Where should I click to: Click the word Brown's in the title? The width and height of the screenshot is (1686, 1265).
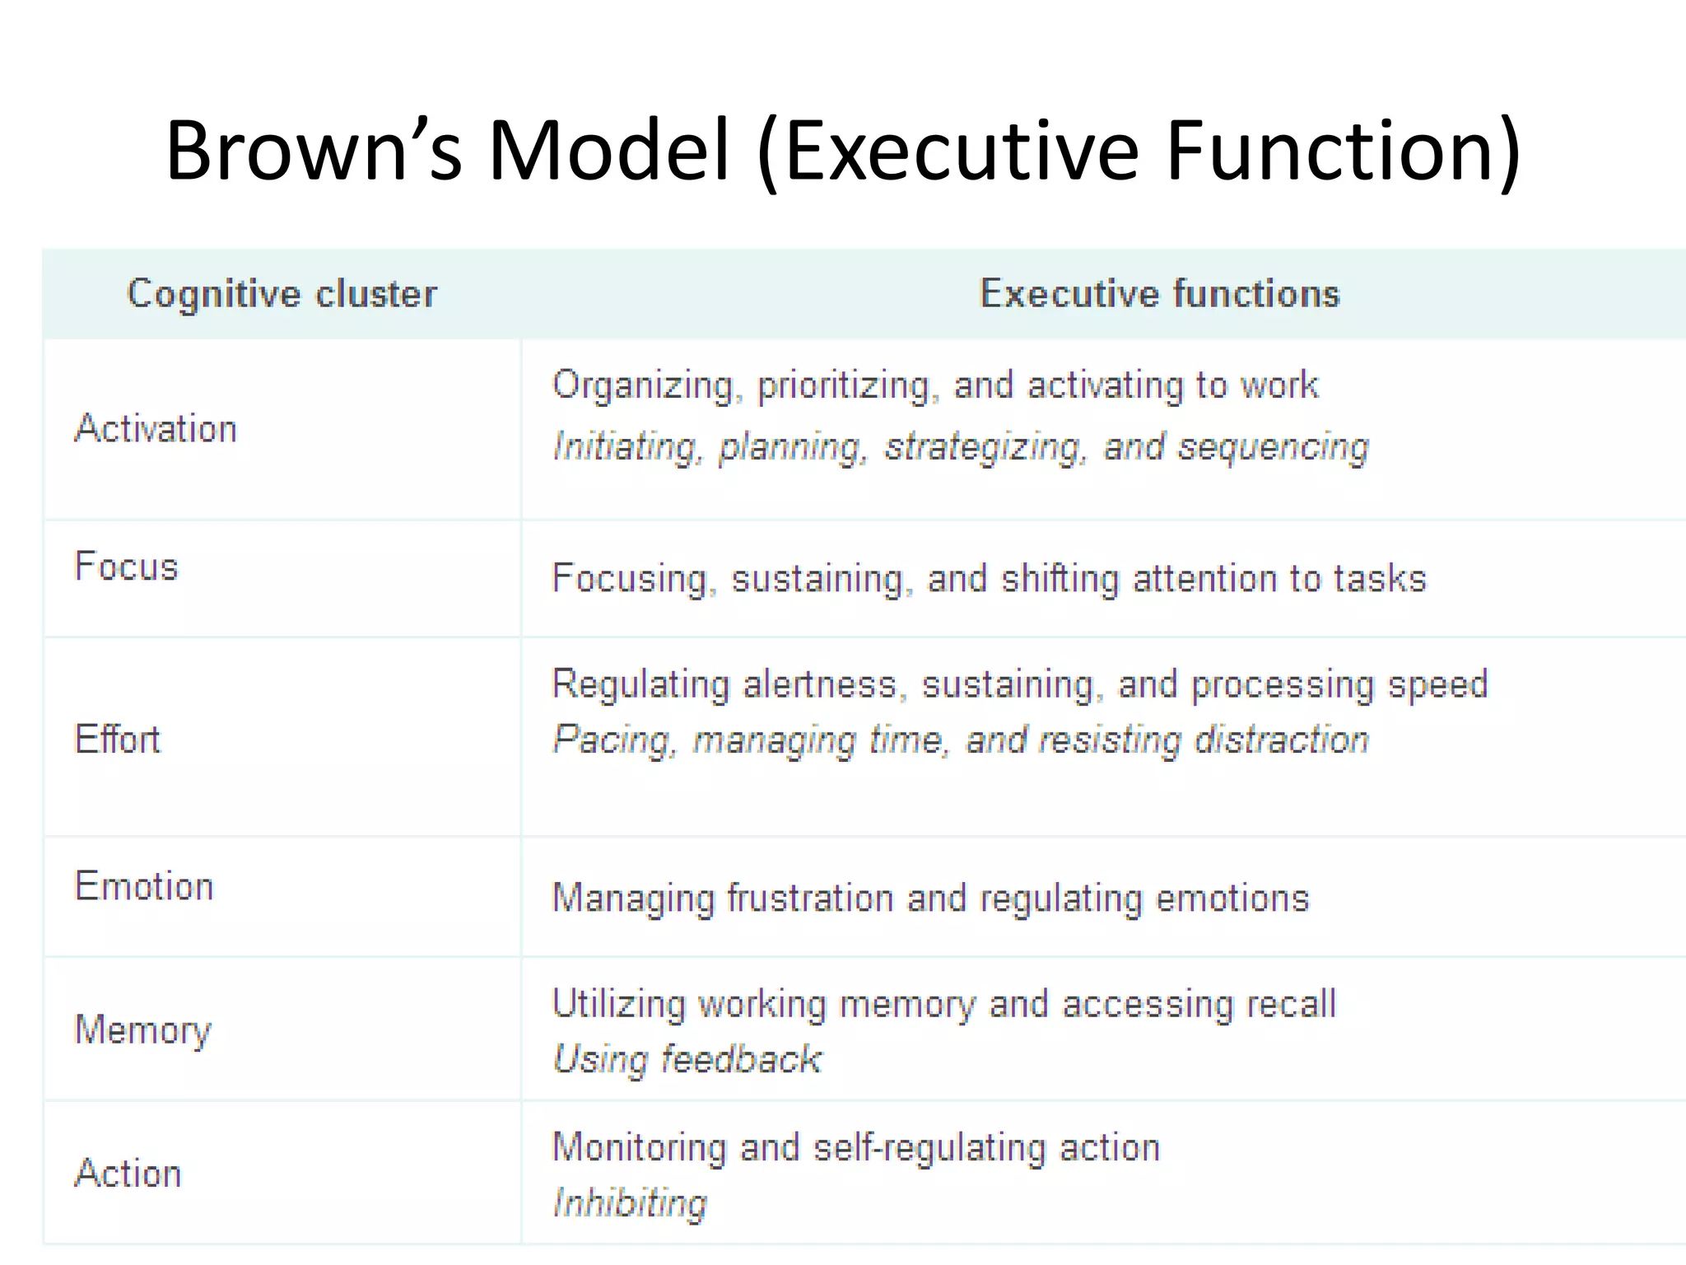pyautogui.click(x=313, y=151)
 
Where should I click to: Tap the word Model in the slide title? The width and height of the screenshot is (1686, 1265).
pyautogui.click(x=609, y=151)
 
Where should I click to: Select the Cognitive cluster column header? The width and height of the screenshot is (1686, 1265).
pyautogui.click(x=282, y=294)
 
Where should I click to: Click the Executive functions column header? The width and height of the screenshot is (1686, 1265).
pyautogui.click(x=1159, y=294)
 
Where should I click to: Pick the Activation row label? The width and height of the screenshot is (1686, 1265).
pyautogui.click(x=156, y=429)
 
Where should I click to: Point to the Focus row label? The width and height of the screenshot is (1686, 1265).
pyautogui.click(x=126, y=567)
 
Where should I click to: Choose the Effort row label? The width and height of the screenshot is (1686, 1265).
pyautogui.click(x=118, y=739)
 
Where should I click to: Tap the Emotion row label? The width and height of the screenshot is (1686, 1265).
pyautogui.click(x=144, y=887)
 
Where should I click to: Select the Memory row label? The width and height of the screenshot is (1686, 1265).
pyautogui.click(x=143, y=1030)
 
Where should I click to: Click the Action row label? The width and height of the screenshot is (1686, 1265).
pyautogui.click(x=128, y=1174)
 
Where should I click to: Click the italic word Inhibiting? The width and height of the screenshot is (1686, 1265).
pyautogui.click(x=630, y=1203)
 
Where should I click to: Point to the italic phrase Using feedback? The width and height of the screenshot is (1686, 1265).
pyautogui.click(x=687, y=1060)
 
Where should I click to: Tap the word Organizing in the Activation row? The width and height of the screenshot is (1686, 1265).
pyautogui.click(x=642, y=386)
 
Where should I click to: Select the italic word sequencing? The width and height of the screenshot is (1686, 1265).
pyautogui.click(x=1273, y=447)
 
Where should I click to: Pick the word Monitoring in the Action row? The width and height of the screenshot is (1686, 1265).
pyautogui.click(x=639, y=1147)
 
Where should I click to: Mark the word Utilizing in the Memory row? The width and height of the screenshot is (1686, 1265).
pyautogui.click(x=618, y=1005)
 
